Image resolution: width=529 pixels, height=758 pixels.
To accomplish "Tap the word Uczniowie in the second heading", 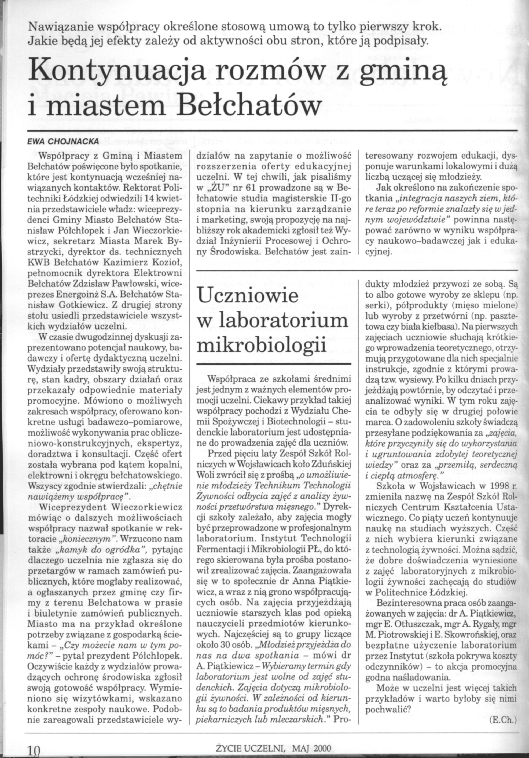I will pos(247,296).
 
